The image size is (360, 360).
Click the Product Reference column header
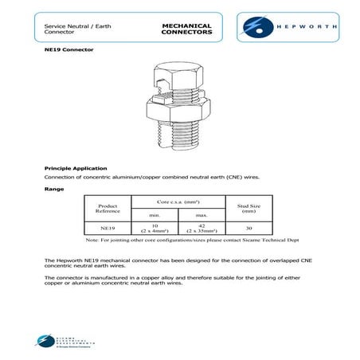coord(108,207)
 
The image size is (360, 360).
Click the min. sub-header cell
coord(155,215)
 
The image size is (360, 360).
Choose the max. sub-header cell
coord(203,215)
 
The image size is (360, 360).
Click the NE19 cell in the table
coord(108,227)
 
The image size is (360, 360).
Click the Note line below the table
coord(182,239)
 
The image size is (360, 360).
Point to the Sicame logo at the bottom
coord(60,342)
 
